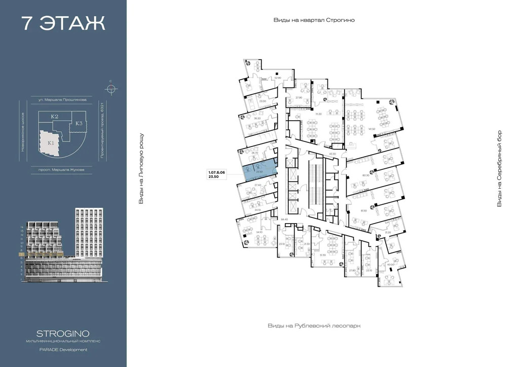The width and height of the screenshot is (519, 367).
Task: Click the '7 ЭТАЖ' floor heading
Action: point(63,23)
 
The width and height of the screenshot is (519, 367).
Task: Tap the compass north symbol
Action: point(110,89)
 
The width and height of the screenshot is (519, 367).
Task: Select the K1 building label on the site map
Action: point(51,143)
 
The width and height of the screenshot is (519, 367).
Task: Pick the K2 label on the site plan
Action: point(54,117)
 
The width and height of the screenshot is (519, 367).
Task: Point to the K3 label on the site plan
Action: point(79,123)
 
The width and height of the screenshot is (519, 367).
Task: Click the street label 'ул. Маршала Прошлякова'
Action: point(63,100)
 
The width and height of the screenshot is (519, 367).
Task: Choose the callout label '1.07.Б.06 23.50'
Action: point(216,174)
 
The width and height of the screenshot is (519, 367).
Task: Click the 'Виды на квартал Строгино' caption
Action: point(314,20)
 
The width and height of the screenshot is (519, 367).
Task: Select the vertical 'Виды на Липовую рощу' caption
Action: point(141,169)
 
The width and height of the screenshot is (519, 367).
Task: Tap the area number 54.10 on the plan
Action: point(260,232)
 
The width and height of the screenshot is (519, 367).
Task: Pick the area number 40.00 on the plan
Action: point(390,264)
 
